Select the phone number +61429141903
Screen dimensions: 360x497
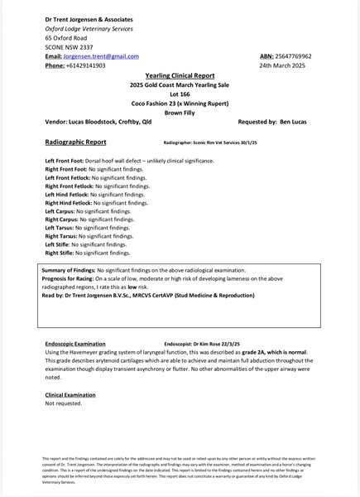[86, 65]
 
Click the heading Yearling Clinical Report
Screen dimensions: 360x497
[180, 75]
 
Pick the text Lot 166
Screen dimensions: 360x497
[180, 94]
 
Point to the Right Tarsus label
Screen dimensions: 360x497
[63, 236]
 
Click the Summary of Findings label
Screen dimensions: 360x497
[69, 271]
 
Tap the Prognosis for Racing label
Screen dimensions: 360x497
[70, 279]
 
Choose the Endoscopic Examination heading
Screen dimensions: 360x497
[75, 343]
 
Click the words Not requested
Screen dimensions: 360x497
[64, 403]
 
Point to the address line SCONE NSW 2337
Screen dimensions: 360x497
[69, 47]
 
